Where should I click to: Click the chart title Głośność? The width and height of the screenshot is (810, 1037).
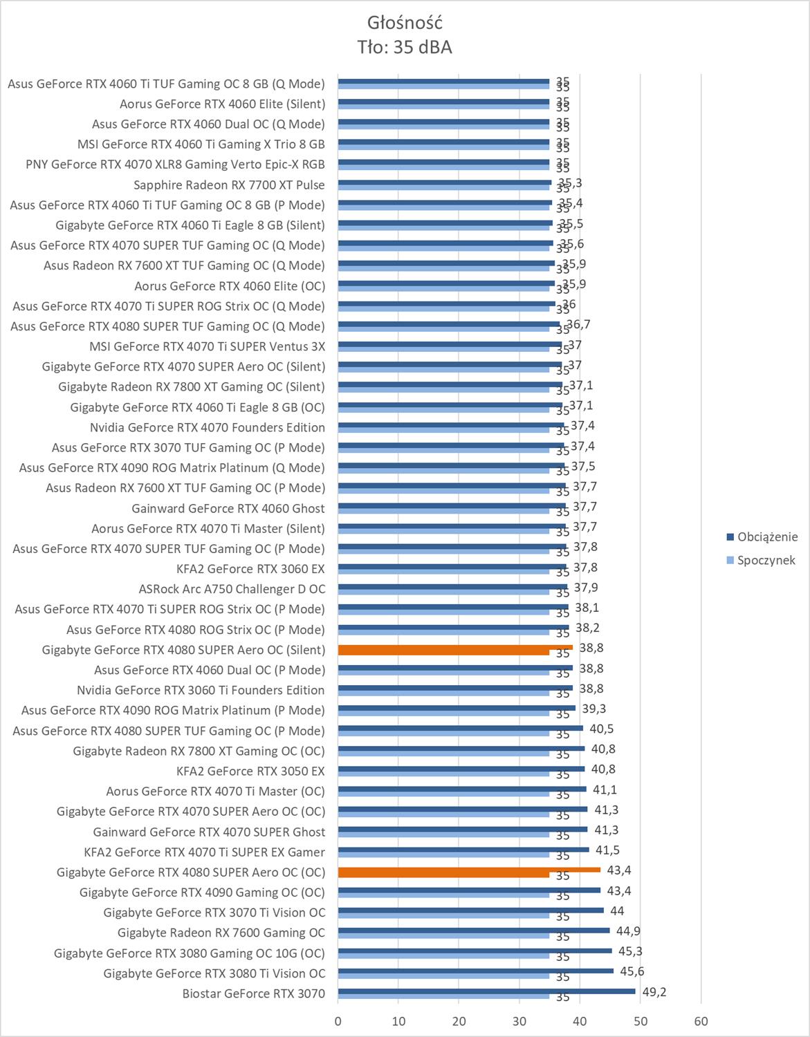[x=405, y=23]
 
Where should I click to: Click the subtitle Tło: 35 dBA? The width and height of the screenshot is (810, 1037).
[x=405, y=47]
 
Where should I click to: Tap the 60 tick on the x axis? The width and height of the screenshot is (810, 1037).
[x=701, y=1020]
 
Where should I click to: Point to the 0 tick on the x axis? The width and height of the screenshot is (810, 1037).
[x=338, y=1020]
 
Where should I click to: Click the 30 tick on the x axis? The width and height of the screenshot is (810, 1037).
[x=519, y=1020]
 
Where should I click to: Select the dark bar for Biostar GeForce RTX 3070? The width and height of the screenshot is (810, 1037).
[x=486, y=991]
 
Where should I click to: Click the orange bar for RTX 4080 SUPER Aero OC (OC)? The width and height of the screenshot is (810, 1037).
[x=469, y=870]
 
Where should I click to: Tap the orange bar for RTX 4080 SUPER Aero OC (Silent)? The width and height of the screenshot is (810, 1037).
[x=455, y=648]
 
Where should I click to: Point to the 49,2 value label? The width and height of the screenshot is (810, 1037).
[x=654, y=992]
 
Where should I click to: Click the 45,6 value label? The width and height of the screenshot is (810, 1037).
[x=632, y=971]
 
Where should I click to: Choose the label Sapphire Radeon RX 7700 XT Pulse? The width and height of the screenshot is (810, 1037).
[x=229, y=185]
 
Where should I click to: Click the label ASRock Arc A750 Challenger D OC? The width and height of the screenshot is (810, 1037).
[x=232, y=589]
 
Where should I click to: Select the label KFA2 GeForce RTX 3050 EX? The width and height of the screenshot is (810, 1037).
[x=250, y=771]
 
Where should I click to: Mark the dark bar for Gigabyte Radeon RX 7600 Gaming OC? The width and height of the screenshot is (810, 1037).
[x=474, y=931]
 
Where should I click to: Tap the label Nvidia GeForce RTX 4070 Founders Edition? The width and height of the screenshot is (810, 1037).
[x=208, y=427]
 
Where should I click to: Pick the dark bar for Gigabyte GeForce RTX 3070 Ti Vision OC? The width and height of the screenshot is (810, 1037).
[x=470, y=910]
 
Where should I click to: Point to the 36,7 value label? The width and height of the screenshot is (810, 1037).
[x=578, y=324]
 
